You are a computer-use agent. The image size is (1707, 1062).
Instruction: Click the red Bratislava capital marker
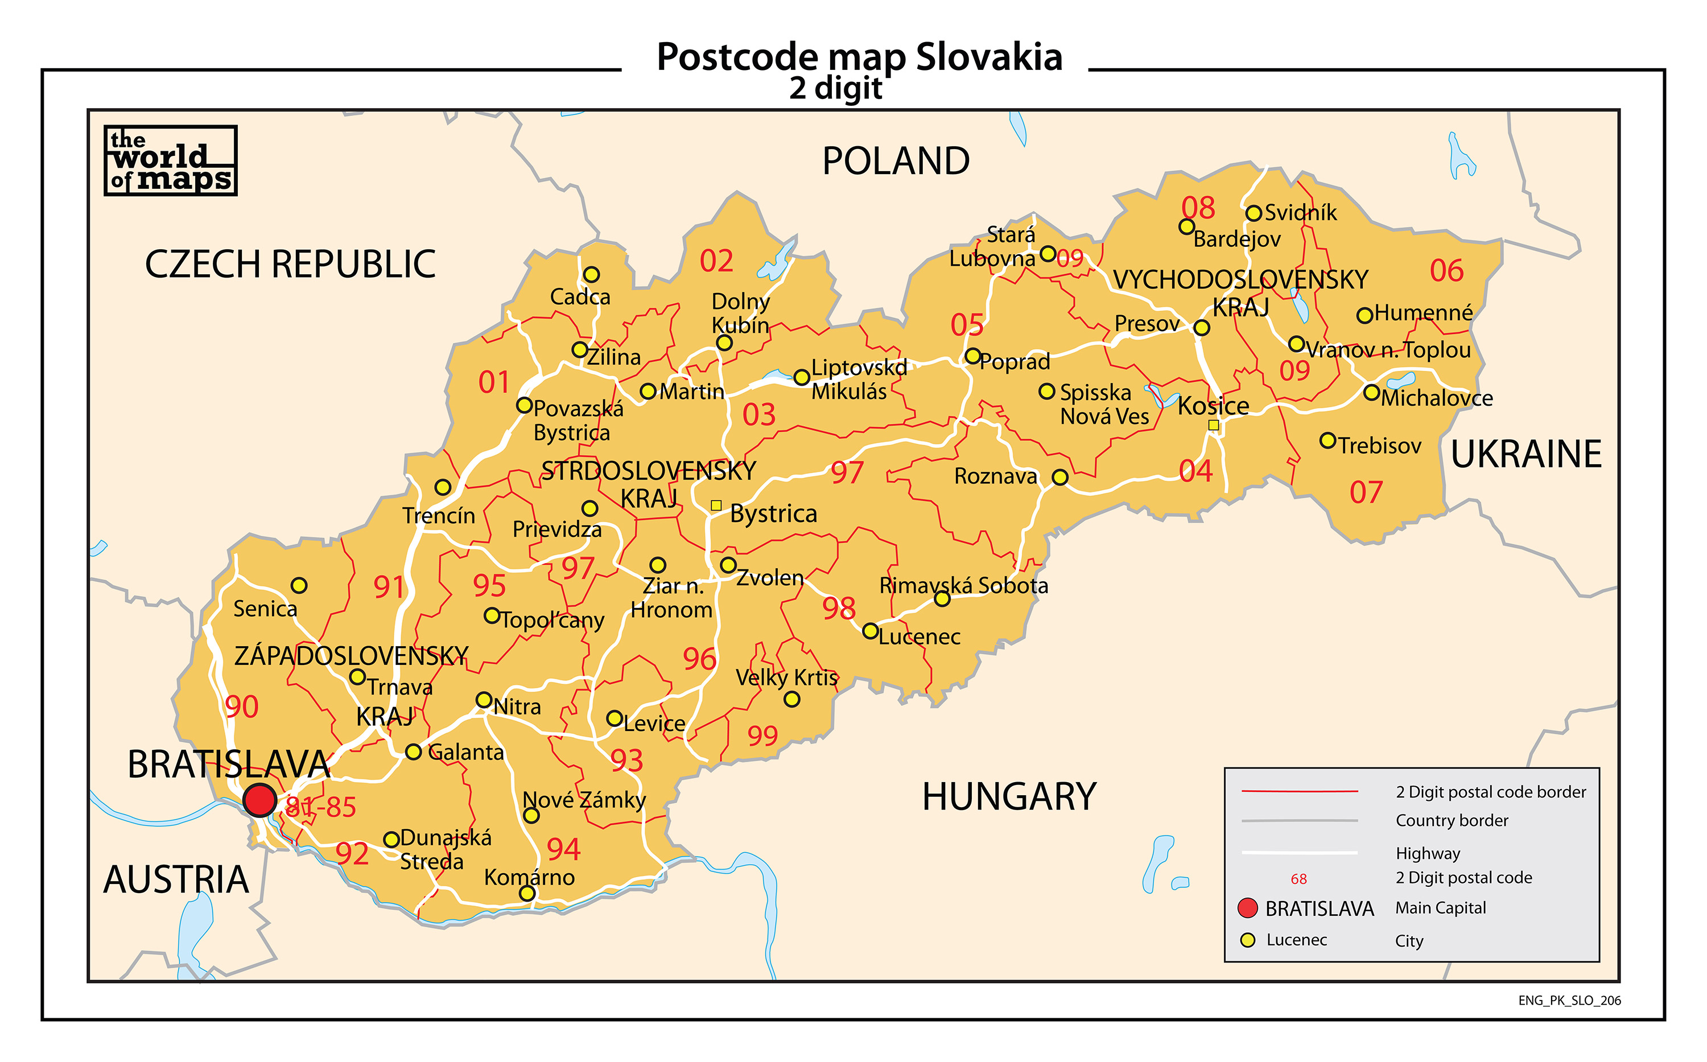click(260, 800)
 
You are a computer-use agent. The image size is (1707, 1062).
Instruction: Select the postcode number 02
click(716, 261)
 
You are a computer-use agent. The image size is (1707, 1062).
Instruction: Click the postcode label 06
click(1446, 270)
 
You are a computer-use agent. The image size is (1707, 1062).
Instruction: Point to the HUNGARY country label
click(1009, 796)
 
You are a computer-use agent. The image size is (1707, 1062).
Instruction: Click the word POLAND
click(896, 161)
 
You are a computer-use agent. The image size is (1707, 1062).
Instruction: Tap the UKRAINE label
click(1525, 454)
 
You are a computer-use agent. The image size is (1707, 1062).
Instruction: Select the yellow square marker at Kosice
click(1213, 425)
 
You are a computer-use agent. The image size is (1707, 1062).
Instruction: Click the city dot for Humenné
click(1364, 315)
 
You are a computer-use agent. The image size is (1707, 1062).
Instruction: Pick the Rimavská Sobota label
click(963, 585)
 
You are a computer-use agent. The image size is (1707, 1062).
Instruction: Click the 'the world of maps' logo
click(171, 161)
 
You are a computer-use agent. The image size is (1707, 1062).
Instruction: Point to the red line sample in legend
click(1300, 791)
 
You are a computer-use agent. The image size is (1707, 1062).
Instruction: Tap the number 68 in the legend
click(1299, 879)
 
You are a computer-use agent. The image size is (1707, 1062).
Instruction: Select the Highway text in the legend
click(1428, 853)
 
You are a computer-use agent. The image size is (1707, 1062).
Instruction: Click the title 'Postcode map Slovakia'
click(859, 57)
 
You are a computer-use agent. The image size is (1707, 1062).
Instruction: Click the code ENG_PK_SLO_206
click(1569, 1000)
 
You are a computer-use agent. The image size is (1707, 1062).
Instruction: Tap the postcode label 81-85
click(321, 807)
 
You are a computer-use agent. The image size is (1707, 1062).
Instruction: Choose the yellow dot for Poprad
click(972, 356)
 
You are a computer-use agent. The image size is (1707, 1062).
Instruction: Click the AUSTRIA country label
click(176, 879)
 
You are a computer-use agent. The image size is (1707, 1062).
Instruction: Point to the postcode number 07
click(1366, 493)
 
